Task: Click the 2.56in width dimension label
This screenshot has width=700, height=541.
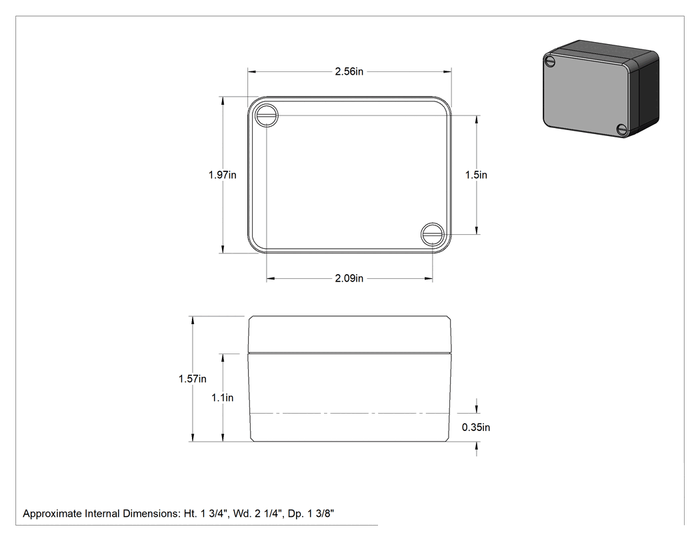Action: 349,71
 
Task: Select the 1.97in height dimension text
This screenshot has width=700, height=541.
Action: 222,175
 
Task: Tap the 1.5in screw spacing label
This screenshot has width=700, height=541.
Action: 476,175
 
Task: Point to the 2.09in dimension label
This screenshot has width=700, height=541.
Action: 349,278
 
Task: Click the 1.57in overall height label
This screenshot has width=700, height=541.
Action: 193,379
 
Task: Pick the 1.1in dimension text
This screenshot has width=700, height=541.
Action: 222,398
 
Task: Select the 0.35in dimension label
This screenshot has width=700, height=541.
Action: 476,428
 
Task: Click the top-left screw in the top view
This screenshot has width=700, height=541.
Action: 267,115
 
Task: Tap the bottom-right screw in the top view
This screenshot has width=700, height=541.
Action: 432,234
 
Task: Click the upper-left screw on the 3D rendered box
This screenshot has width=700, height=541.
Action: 550,61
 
